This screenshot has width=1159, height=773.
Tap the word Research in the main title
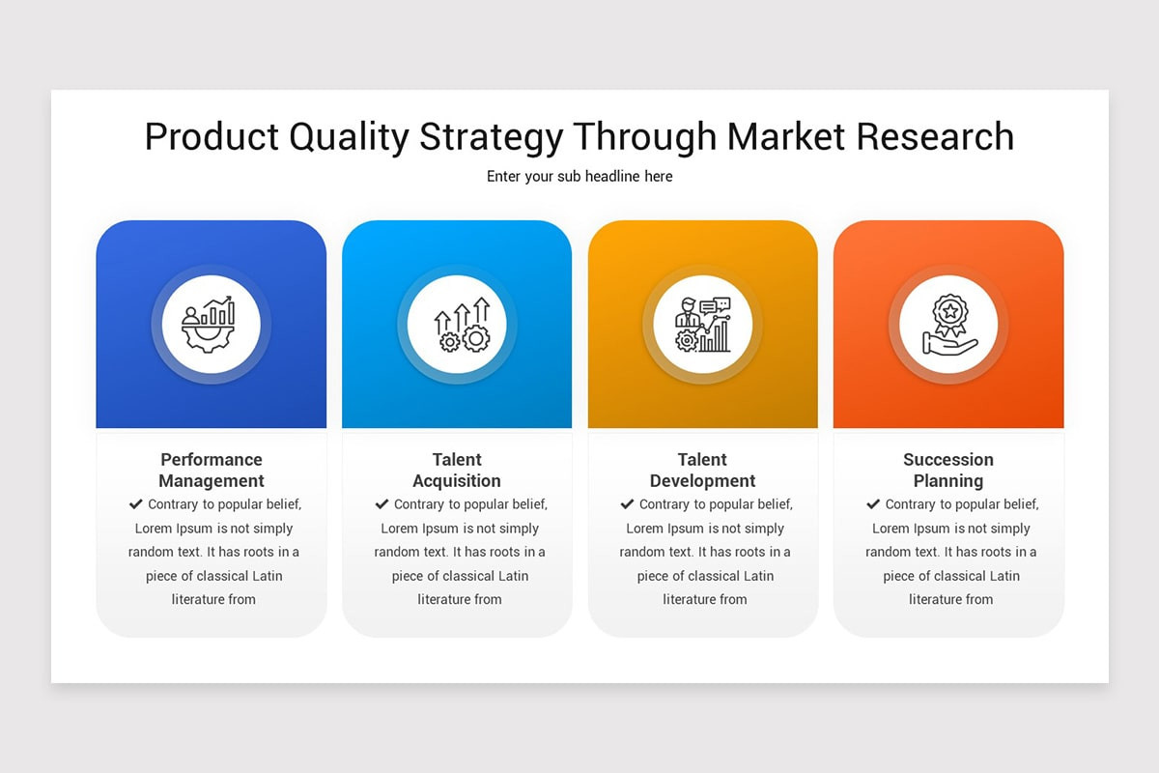point(935,136)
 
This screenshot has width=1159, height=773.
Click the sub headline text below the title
point(579,177)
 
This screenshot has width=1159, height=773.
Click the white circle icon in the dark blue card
point(211,325)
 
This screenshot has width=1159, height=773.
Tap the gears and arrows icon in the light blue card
point(457,325)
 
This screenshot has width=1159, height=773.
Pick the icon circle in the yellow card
point(702,325)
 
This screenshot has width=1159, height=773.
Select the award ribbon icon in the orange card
point(948,325)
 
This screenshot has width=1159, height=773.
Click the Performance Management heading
point(212,470)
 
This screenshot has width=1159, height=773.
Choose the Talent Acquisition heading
point(457,470)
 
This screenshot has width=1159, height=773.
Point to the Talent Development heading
point(702,470)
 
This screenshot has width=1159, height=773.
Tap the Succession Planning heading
point(948,470)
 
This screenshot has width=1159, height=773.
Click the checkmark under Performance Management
point(135,504)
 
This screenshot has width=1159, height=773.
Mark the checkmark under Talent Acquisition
point(382,504)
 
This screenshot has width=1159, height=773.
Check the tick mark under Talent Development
point(627,504)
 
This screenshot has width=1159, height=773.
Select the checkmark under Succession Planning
point(873,504)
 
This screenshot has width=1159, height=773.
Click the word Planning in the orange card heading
point(948,481)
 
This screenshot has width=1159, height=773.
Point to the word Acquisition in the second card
point(457,481)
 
